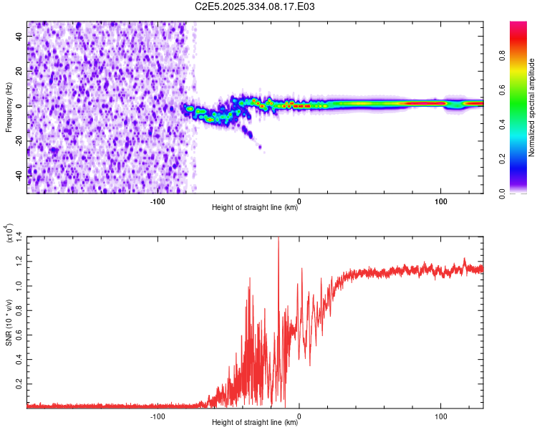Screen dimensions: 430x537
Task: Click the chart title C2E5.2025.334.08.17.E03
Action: (255, 6)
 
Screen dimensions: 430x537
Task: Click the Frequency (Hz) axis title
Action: (9, 107)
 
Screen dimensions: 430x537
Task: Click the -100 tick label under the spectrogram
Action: (158, 201)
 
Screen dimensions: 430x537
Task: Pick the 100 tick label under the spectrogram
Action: (441, 201)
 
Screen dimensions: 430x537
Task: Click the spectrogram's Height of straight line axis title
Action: (255, 209)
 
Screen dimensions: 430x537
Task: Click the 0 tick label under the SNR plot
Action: (299, 416)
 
